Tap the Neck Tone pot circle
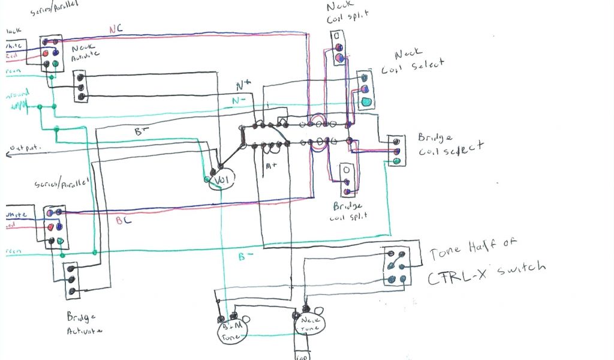point(309,323)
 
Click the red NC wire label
point(116,29)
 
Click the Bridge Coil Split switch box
point(347,179)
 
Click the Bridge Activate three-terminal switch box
point(72,280)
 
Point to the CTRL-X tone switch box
point(396,266)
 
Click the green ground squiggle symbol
point(19,106)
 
